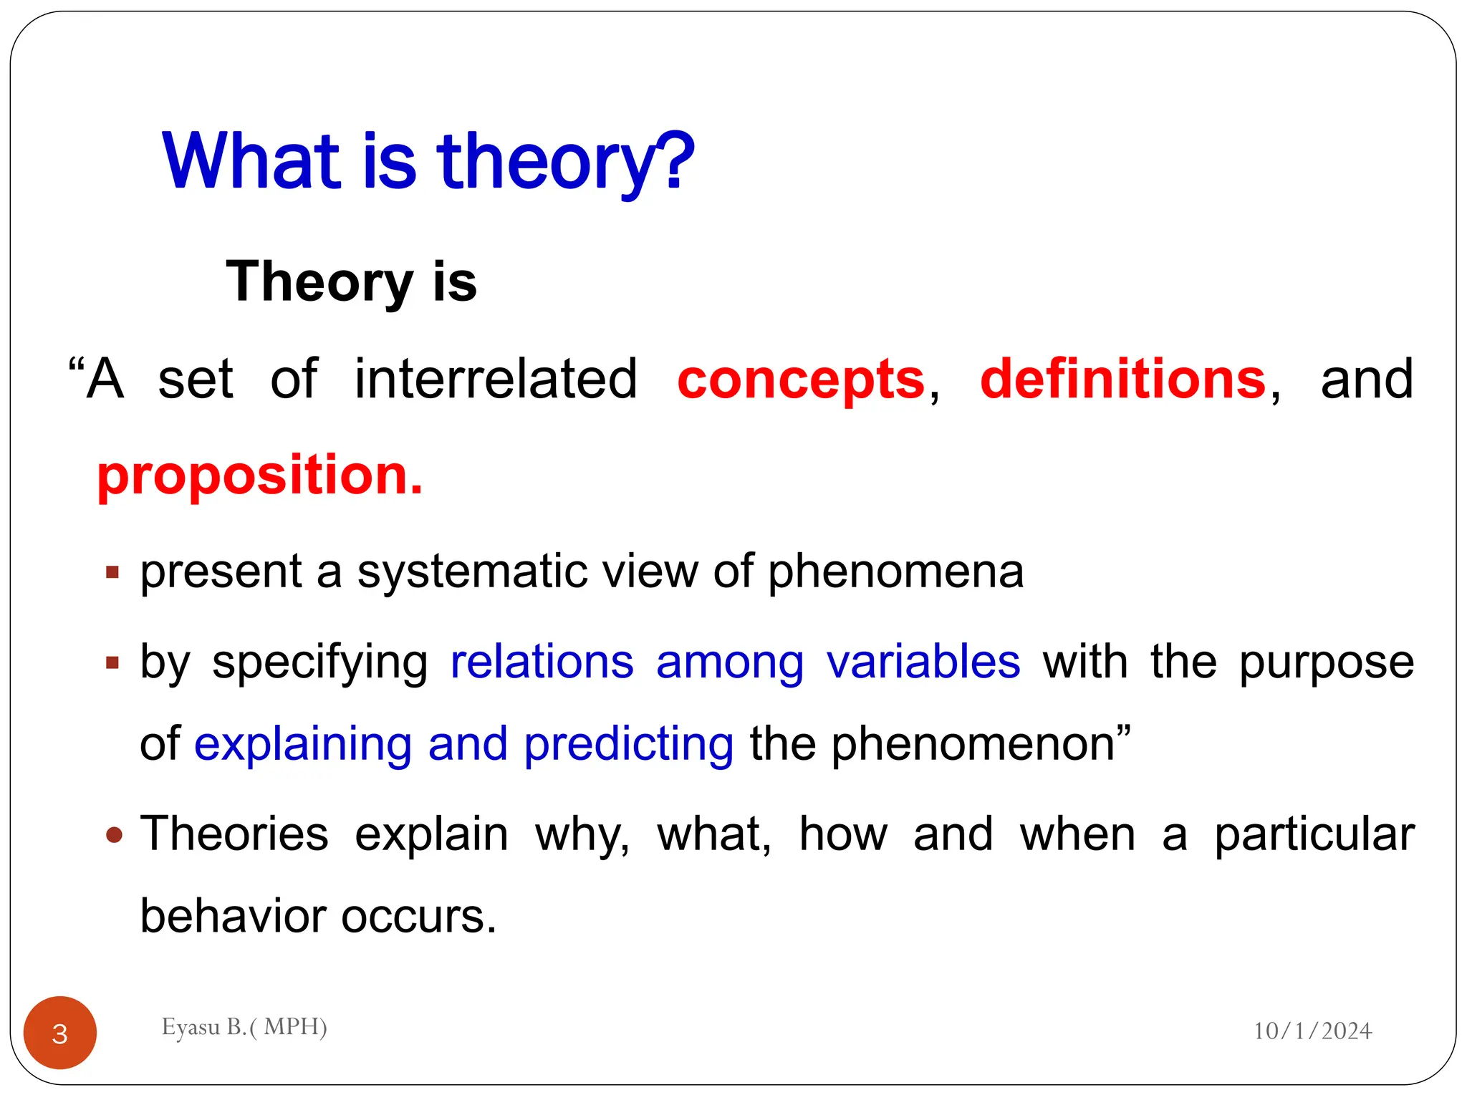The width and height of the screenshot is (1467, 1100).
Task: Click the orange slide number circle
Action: [60, 1033]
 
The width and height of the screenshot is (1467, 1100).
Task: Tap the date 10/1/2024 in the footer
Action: [1312, 1031]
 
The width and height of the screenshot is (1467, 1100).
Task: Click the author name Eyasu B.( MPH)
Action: [244, 1027]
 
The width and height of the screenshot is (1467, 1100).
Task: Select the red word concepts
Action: [801, 380]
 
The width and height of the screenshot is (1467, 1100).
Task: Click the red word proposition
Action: [259, 476]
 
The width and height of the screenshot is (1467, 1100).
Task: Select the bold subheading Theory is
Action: [351, 281]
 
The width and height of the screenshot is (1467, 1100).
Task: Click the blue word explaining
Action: [303, 744]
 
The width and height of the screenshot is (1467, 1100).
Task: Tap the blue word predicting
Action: [628, 744]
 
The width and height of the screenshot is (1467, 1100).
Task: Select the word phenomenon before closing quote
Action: [973, 744]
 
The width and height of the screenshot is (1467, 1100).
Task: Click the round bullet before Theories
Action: [114, 835]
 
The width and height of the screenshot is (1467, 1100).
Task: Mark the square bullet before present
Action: [112, 572]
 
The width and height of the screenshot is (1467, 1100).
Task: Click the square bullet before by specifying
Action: [112, 662]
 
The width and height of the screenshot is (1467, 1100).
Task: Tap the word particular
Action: [1314, 835]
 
